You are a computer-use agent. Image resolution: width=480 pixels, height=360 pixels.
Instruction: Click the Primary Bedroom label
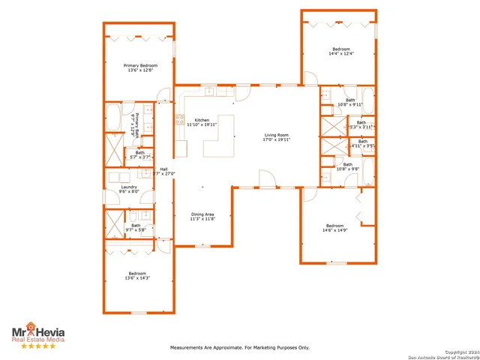[x=140, y=67]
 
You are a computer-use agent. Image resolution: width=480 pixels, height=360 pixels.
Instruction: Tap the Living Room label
[x=276, y=137]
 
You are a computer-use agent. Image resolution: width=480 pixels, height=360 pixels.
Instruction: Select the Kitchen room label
[x=202, y=122]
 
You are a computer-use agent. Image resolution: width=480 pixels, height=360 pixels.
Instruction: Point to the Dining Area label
[x=202, y=217]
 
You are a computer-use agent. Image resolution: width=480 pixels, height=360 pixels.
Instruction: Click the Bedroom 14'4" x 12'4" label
[x=341, y=51]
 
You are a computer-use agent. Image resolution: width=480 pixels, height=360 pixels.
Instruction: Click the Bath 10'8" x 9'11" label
[x=350, y=102]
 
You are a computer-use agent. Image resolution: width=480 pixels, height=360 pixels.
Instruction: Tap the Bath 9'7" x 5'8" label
[x=136, y=227]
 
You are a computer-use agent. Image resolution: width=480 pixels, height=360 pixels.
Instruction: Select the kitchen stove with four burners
[x=180, y=118]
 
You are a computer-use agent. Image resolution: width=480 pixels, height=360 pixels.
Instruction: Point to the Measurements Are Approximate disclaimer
[x=240, y=348]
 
